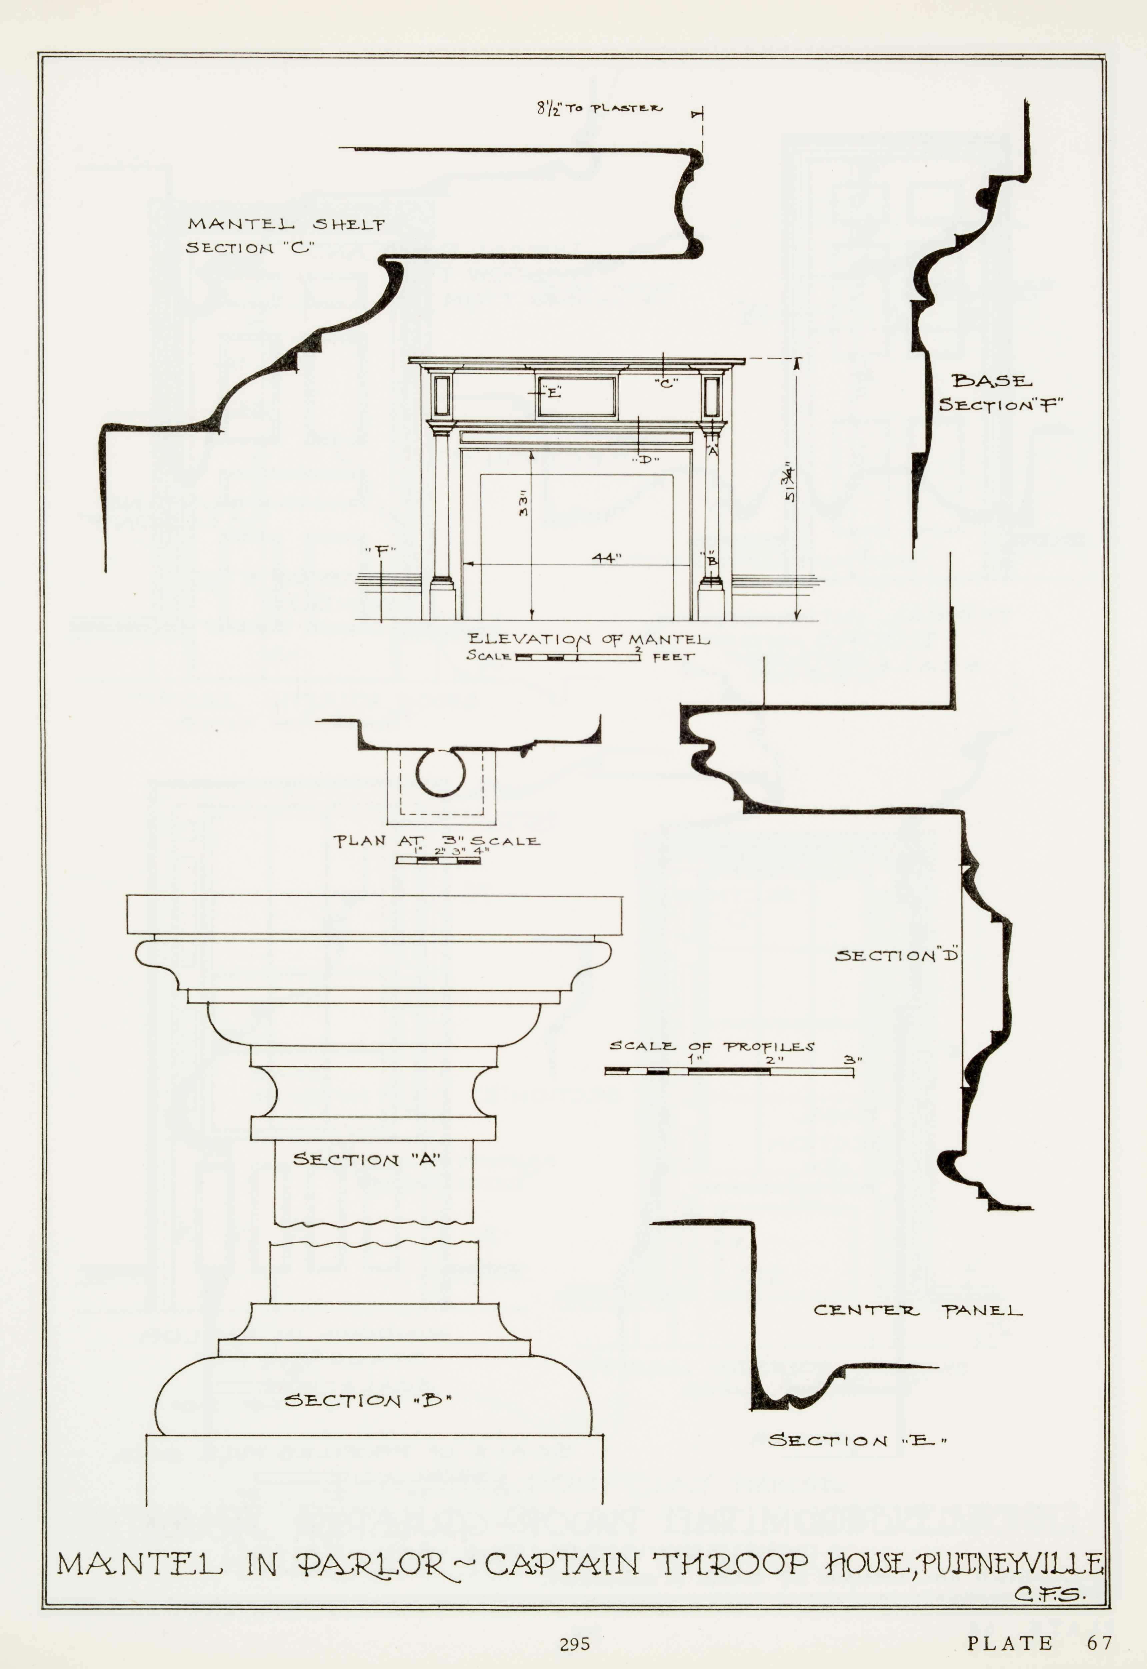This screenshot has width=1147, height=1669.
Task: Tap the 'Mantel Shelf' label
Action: [286, 224]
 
